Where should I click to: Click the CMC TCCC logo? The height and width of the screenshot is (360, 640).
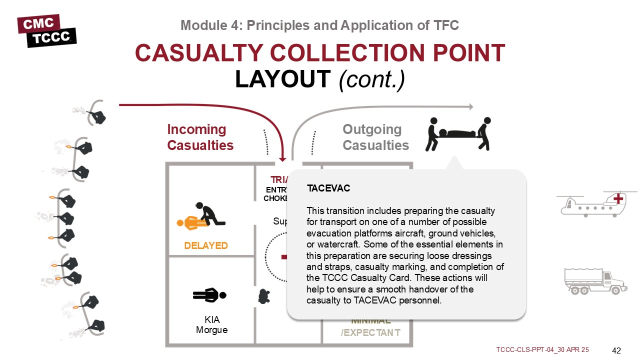[x=46, y=31]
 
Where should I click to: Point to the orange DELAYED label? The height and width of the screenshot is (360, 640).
[x=205, y=246]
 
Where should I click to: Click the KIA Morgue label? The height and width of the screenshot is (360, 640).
[x=212, y=325]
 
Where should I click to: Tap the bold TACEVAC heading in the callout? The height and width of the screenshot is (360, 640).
[x=328, y=188]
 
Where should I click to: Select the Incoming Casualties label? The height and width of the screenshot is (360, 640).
[x=200, y=137]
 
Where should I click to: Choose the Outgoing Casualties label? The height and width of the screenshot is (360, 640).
[x=375, y=137]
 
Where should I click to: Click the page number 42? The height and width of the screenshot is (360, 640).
[x=616, y=350]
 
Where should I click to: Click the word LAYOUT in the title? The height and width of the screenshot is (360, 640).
[x=283, y=79]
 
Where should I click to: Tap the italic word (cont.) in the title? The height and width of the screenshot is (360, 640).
[x=372, y=79]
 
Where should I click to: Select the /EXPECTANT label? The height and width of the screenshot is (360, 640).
[x=370, y=333]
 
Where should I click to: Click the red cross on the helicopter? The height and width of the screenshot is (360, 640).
[x=618, y=199]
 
